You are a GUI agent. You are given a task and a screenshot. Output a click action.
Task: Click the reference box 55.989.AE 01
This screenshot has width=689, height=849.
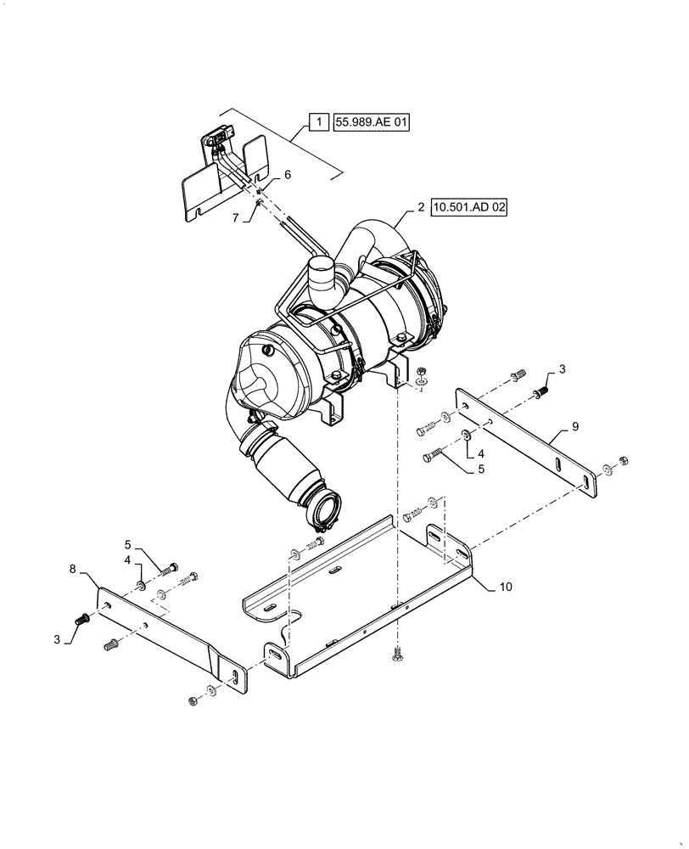coord(372,123)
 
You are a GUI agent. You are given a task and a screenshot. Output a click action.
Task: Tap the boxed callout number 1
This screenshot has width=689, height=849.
coord(317,123)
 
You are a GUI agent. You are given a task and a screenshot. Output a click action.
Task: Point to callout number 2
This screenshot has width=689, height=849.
coord(420,206)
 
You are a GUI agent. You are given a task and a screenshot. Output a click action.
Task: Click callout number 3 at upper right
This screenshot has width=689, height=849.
coord(562,369)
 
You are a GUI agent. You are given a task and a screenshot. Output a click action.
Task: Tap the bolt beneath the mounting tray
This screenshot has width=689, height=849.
coord(397,655)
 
